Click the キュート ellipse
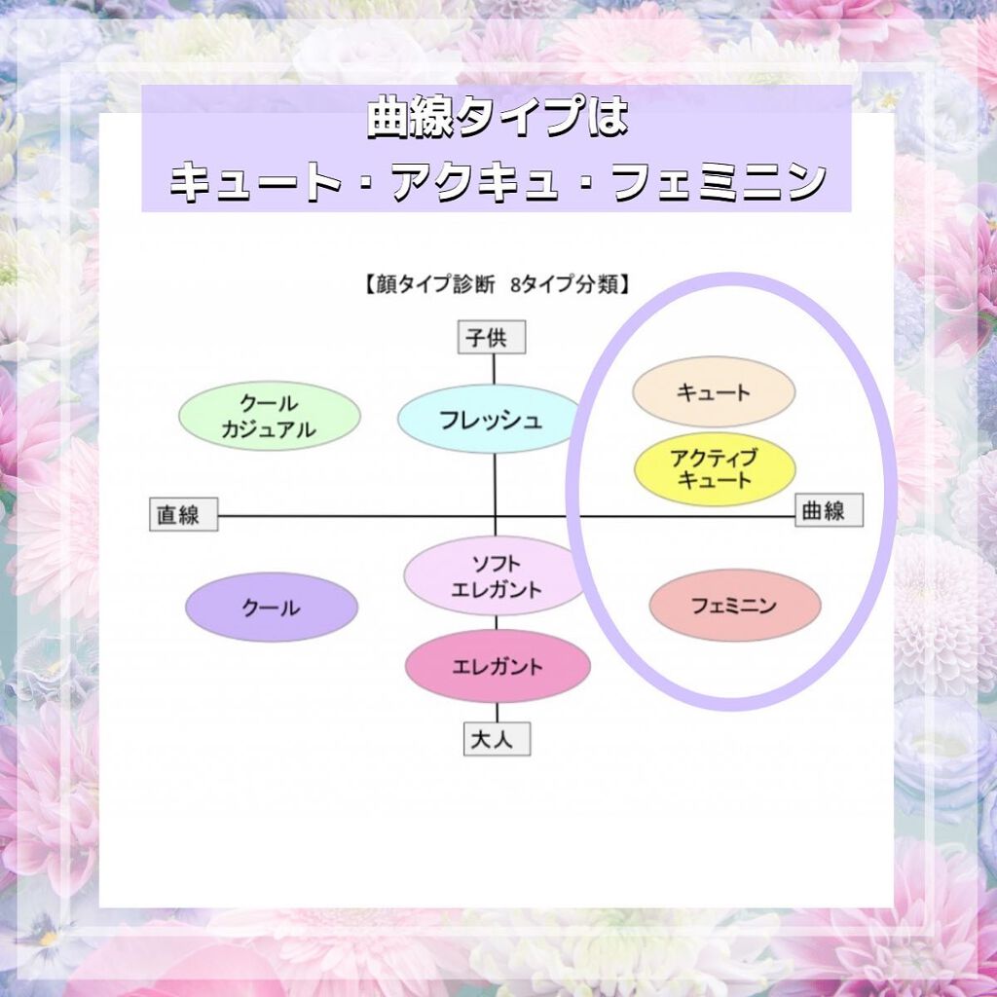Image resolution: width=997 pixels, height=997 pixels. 714,391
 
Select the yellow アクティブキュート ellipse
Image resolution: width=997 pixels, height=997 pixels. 714,468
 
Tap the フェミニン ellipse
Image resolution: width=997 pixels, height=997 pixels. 735,606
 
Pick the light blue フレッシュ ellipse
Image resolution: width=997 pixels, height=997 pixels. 490,420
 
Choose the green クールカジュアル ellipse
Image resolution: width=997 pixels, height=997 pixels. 269,416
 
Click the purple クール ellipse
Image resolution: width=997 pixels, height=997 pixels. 272,608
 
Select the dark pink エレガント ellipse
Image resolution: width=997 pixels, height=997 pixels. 498,667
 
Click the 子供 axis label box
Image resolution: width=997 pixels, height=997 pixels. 493,338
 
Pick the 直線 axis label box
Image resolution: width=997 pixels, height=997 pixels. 183,514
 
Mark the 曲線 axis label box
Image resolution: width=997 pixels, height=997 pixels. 830,510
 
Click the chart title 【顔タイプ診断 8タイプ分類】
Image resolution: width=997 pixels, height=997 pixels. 498,286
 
